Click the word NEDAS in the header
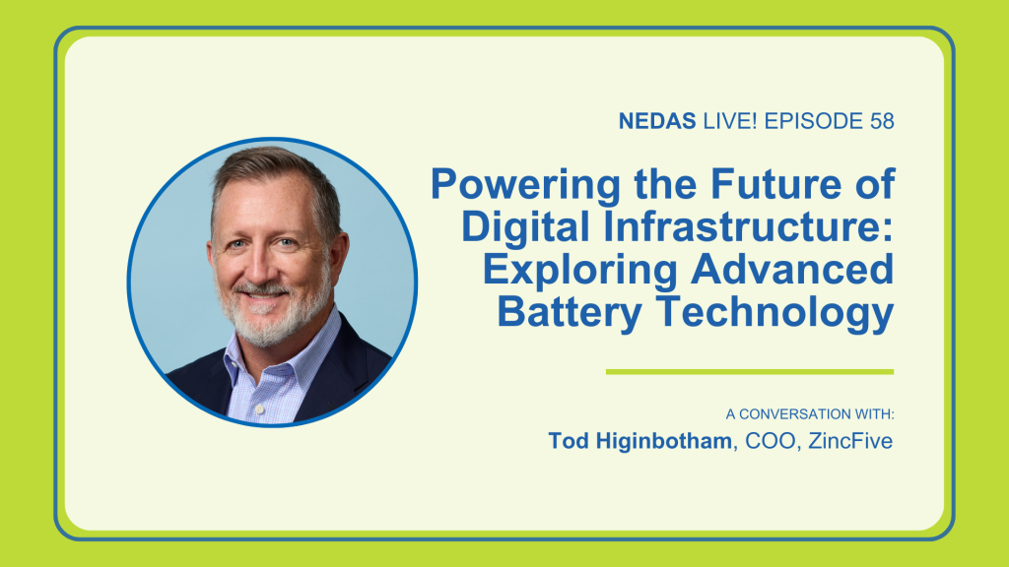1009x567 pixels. coord(657,121)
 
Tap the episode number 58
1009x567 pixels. coord(882,121)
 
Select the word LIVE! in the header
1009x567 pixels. coord(730,121)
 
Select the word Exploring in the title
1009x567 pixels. coord(579,271)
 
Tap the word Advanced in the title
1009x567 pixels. coord(793,269)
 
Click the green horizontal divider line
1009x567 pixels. coord(750,371)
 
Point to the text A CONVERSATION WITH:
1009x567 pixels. coord(810,414)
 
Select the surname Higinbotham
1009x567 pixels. coord(663,441)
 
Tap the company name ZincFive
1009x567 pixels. coord(850,441)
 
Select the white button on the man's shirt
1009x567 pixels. coord(259,409)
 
